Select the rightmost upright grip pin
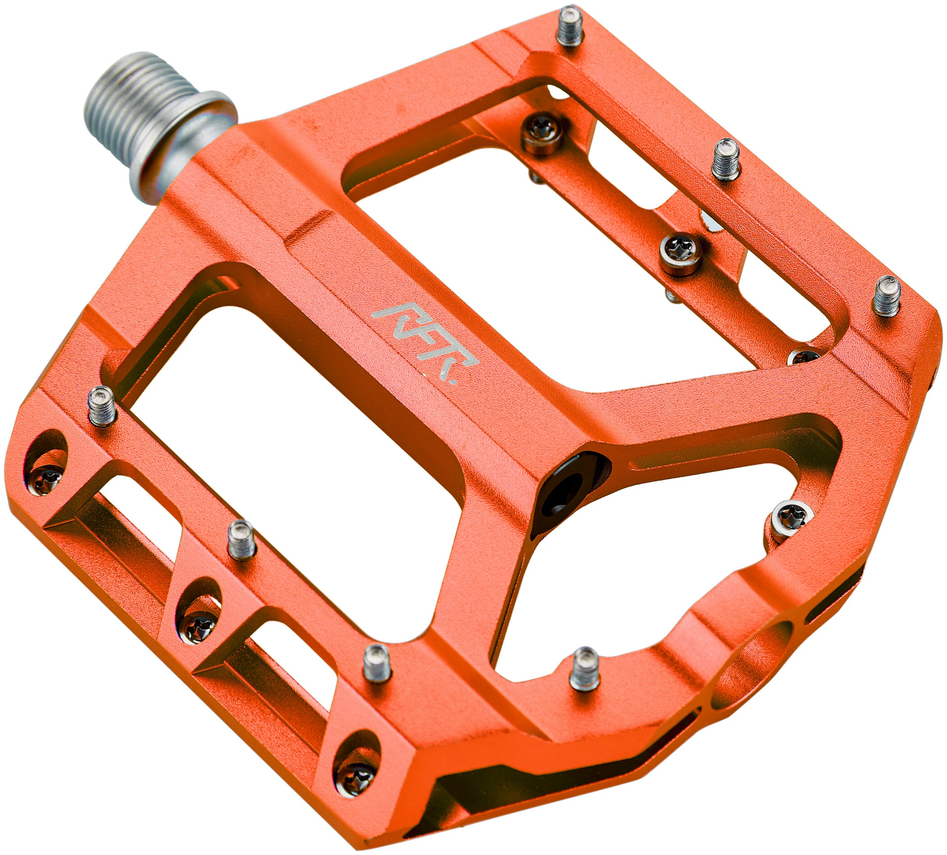886,295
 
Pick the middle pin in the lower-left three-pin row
242,540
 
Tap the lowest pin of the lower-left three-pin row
378,663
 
